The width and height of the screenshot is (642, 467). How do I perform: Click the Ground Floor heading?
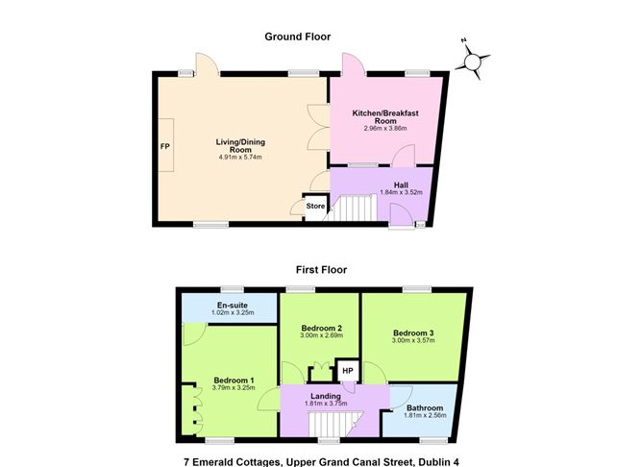[x=298, y=37]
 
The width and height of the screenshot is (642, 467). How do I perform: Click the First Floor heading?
[x=321, y=270]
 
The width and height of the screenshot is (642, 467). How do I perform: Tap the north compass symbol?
[x=472, y=61]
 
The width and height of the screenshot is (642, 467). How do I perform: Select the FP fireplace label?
[x=164, y=146]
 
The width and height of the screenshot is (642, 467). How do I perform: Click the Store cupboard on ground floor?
[x=315, y=208]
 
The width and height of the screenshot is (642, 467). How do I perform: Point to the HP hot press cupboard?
[x=348, y=371]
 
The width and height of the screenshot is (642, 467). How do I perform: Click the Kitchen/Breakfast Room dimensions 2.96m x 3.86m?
[x=385, y=128]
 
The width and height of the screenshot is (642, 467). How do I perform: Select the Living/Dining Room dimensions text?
[x=240, y=157]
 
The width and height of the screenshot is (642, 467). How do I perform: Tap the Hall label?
[x=401, y=185]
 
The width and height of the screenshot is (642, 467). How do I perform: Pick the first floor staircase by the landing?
[x=334, y=424]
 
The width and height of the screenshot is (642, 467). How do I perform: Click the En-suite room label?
[x=233, y=306]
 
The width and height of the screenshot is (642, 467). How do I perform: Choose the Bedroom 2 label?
[x=321, y=328]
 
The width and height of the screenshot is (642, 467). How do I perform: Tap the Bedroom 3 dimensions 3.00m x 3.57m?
[x=413, y=340]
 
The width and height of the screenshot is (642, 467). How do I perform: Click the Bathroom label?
[x=425, y=407]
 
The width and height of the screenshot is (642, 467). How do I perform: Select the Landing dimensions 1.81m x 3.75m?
[x=326, y=404]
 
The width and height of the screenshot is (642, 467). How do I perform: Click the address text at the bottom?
[x=321, y=462]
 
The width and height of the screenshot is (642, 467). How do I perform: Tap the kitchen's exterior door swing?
[x=353, y=64]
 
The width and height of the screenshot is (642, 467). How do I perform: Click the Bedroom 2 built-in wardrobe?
[x=321, y=371]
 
